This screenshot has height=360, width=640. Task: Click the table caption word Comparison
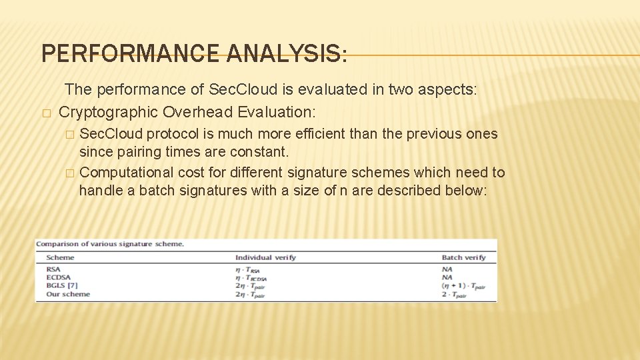59,244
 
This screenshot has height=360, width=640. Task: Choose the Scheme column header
60,257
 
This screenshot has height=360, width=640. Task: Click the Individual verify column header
265,257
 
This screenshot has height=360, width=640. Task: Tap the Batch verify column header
463,257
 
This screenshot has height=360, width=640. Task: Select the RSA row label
53,269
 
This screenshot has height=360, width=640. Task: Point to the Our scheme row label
67,294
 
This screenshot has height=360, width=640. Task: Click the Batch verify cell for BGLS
463,286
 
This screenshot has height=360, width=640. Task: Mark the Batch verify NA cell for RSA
447,269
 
